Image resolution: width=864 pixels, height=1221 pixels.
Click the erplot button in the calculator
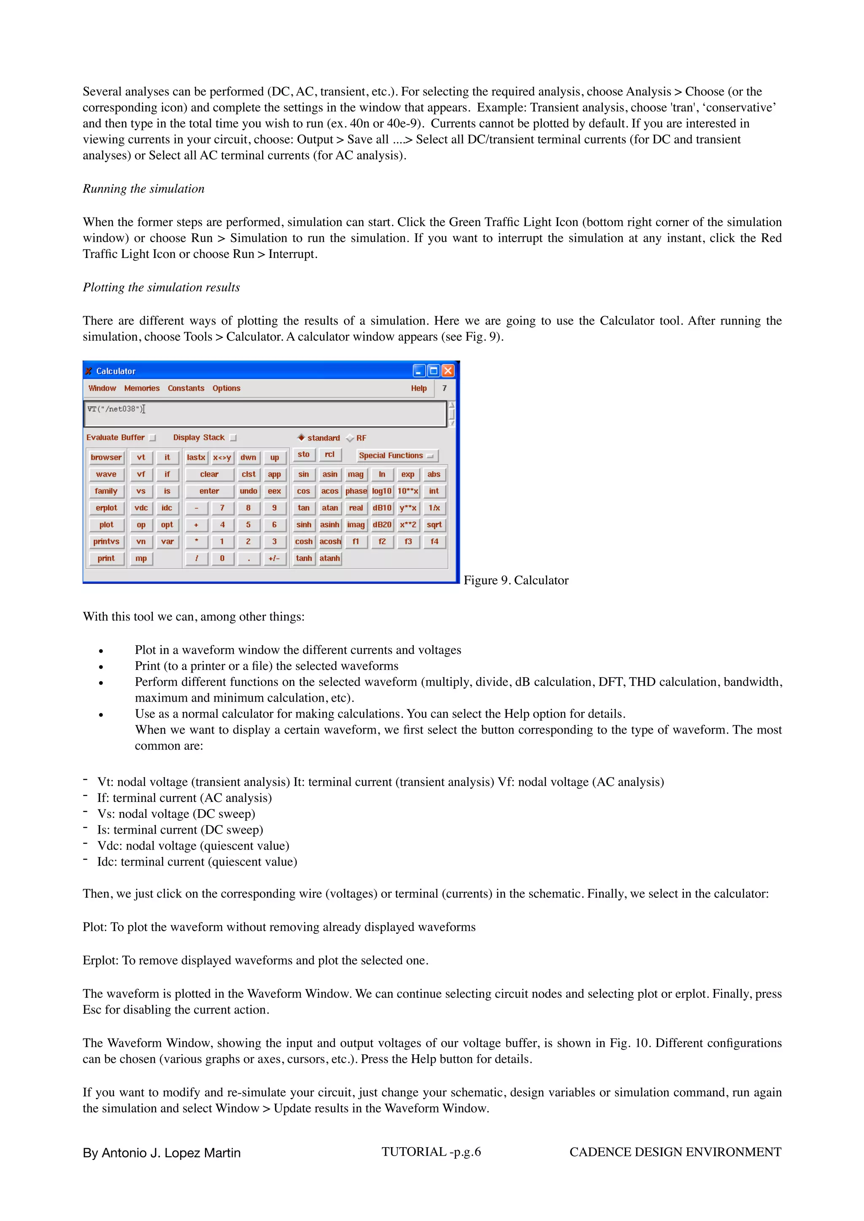click(106, 508)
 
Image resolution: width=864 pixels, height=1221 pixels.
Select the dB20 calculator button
click(382, 525)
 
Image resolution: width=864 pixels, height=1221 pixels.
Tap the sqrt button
click(434, 525)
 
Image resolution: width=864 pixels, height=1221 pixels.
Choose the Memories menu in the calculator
click(141, 388)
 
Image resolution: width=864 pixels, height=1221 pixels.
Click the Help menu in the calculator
click(418, 388)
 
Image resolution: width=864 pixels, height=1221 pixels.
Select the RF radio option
click(351, 438)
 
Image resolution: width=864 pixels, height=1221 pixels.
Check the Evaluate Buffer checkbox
click(153, 438)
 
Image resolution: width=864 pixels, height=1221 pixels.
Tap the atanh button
click(330, 558)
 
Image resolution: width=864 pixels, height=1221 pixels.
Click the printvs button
click(106, 541)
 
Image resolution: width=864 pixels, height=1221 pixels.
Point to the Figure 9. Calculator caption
click(516, 580)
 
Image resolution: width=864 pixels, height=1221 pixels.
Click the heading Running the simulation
click(143, 189)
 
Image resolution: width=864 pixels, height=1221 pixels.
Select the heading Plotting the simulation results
click(161, 287)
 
